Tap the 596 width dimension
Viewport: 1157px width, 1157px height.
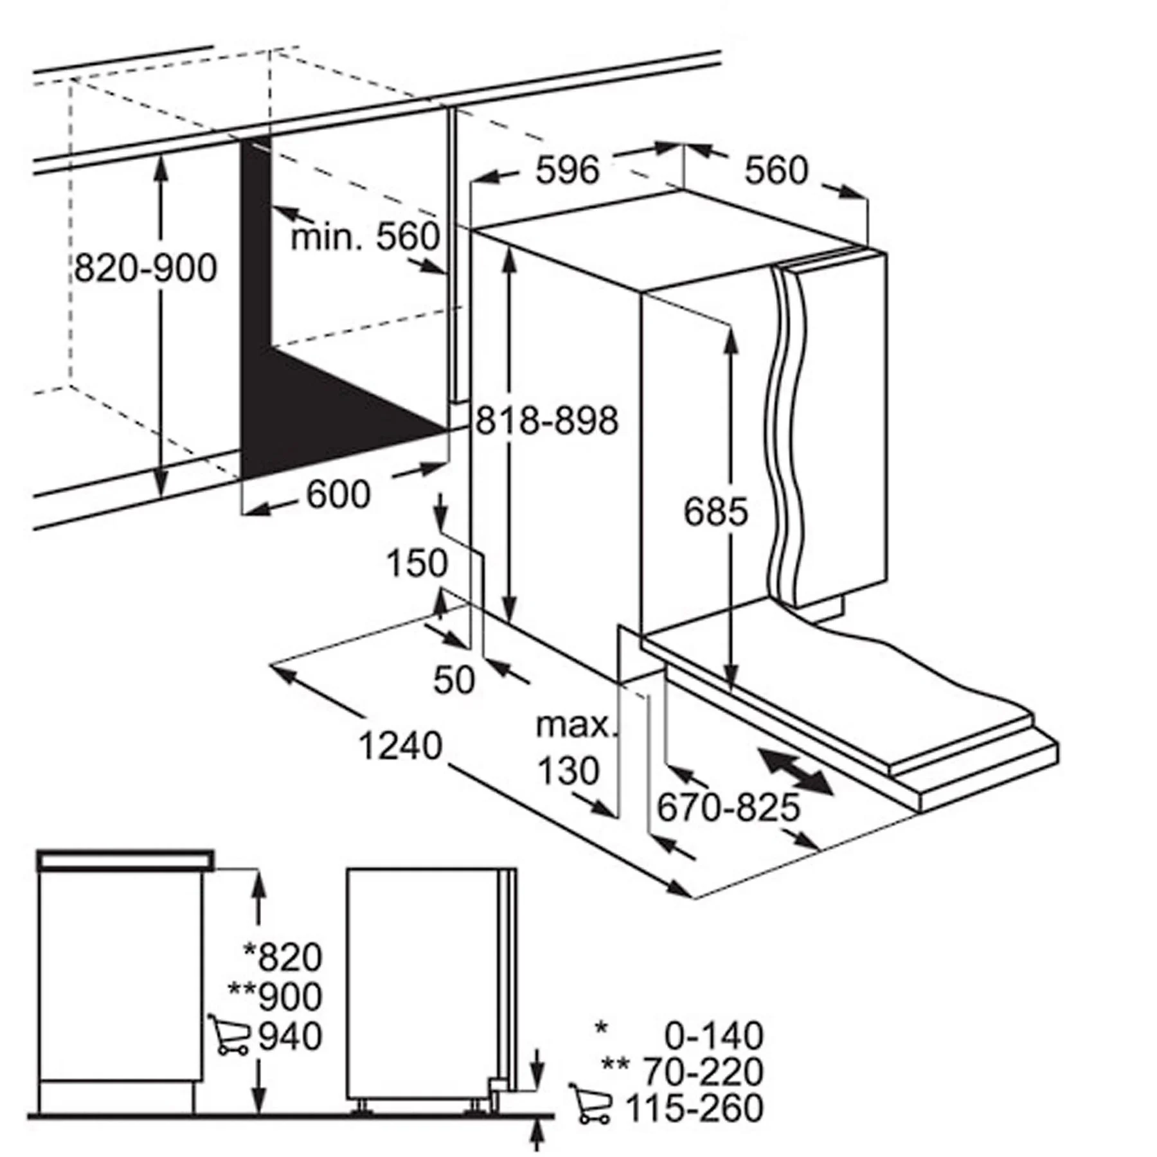point(568,170)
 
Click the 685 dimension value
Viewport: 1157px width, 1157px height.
point(715,512)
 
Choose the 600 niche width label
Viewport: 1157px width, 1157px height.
point(338,494)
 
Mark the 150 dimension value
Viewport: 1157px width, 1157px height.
point(417,563)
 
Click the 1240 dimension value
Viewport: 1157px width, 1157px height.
point(400,746)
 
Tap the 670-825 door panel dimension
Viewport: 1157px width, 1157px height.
point(728,808)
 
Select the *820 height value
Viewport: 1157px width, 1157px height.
point(283,957)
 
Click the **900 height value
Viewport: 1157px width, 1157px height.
point(275,997)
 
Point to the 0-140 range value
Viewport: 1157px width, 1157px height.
point(713,1036)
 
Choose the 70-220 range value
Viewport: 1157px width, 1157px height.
point(704,1072)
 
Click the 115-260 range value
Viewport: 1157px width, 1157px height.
point(694,1108)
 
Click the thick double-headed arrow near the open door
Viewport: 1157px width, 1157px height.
point(793,771)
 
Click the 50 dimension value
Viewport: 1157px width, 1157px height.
point(454,679)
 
